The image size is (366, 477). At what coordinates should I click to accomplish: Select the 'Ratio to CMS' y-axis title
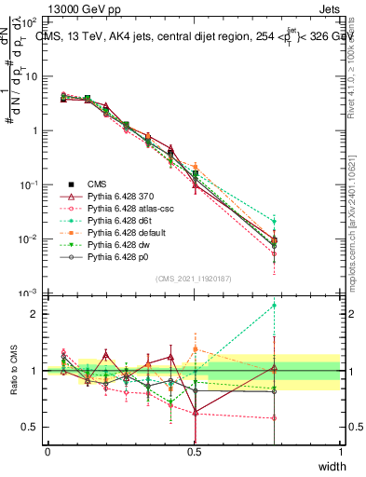point(12,371)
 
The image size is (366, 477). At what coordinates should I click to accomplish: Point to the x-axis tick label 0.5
point(195,451)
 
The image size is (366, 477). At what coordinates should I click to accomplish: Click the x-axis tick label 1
point(341,451)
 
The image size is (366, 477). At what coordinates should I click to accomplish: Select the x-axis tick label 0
point(48,451)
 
